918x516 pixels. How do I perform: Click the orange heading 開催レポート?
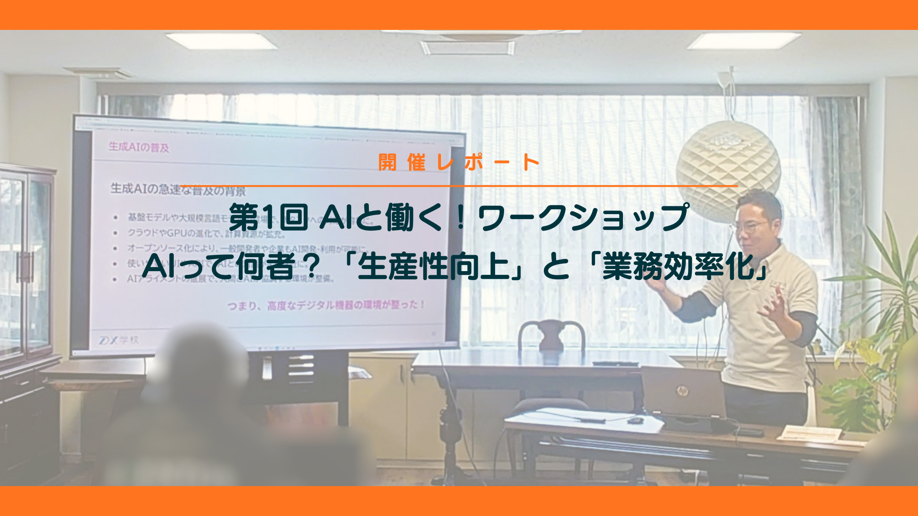[459, 163]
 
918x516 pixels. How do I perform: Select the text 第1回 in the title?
[268, 218]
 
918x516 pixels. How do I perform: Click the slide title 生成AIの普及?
[139, 147]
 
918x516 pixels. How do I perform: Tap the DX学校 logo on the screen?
[119, 340]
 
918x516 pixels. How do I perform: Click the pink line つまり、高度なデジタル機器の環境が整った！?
[326, 305]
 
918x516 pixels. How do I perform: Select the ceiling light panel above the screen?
[221, 41]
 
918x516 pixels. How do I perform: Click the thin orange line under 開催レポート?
[459, 186]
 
